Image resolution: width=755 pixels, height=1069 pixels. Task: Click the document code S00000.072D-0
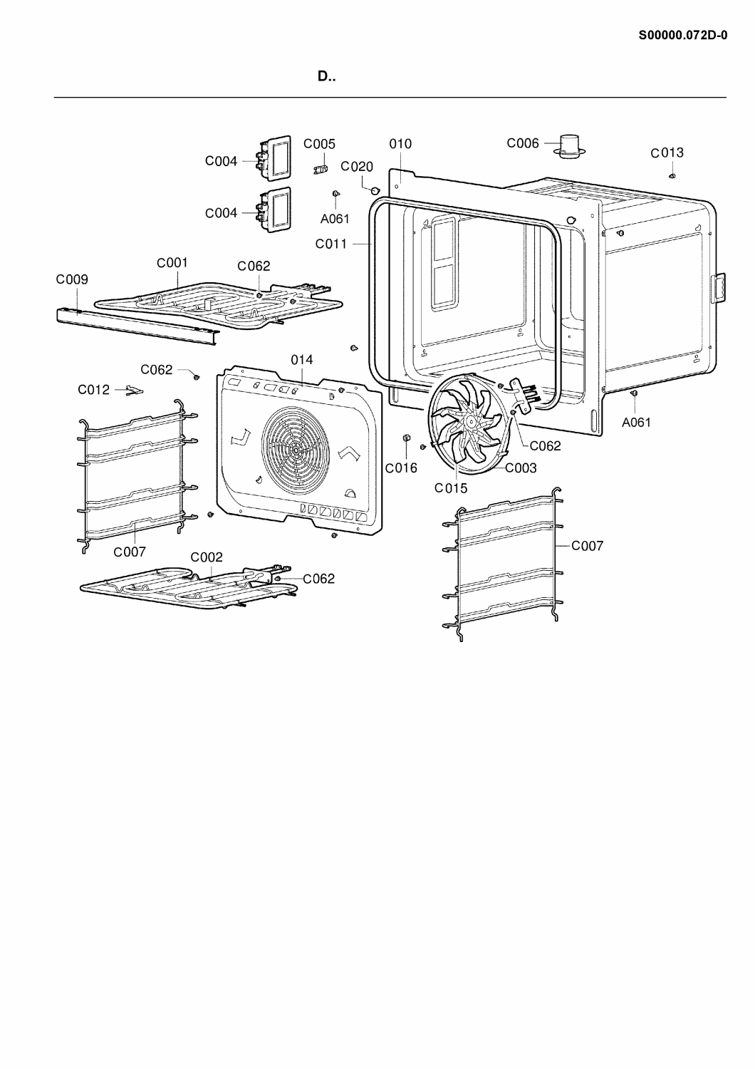(683, 36)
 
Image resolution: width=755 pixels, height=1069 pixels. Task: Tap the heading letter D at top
(323, 76)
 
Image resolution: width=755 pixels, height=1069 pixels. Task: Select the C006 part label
(523, 143)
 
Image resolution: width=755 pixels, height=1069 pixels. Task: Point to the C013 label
(667, 153)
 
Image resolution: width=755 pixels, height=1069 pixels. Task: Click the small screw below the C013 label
(672, 176)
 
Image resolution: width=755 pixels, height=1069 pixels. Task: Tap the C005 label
(319, 144)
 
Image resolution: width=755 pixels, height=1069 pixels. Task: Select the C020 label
(357, 167)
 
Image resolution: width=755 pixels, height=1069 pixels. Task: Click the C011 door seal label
(331, 244)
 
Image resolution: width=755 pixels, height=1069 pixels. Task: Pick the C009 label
(72, 279)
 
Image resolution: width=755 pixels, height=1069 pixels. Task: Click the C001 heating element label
(172, 262)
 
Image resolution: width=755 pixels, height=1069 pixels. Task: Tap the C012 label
(93, 390)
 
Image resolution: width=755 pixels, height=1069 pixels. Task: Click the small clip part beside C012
(134, 391)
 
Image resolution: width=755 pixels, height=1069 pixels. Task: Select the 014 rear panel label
(302, 360)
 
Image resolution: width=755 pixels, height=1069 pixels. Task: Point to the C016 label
(401, 468)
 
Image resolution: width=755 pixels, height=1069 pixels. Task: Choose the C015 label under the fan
(451, 488)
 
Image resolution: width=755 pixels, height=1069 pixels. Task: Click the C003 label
(521, 468)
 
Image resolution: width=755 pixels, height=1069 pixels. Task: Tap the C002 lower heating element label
(207, 557)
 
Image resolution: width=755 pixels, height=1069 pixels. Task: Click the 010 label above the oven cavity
(400, 144)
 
